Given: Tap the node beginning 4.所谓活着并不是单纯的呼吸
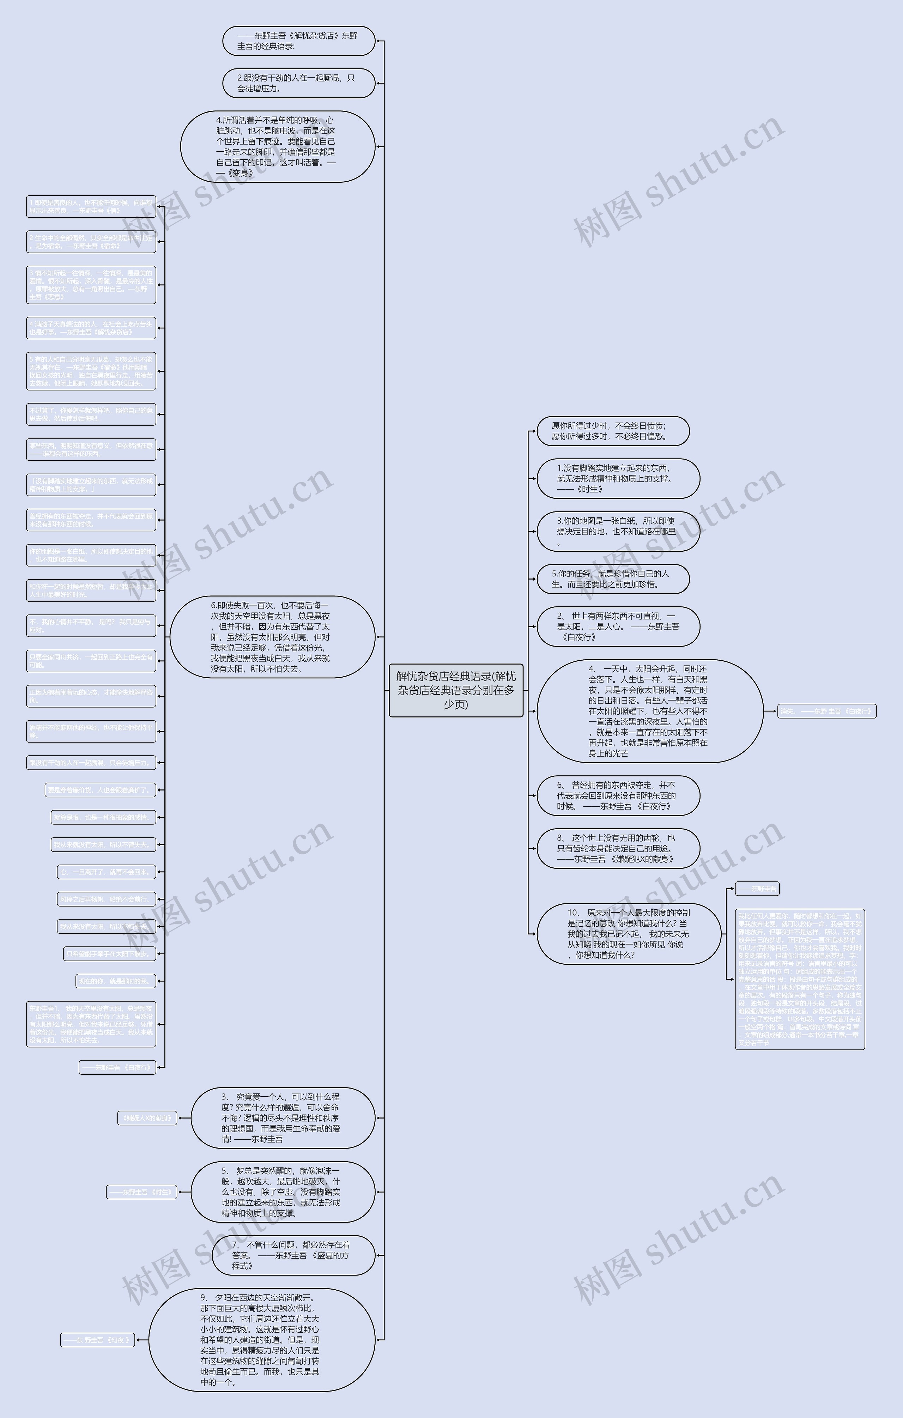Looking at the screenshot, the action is coord(278,147).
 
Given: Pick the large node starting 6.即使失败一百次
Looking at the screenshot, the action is coord(272,637).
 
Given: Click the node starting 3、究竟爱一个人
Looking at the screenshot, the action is coord(283,1118).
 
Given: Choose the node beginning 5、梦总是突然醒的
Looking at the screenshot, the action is coord(283,1192).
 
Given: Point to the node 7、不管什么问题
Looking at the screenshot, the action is coord(293,1255).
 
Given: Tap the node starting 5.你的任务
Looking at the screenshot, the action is coord(613,579).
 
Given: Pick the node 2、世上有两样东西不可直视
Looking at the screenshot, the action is coord(618,626).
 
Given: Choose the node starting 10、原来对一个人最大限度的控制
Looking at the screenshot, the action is coord(629,934).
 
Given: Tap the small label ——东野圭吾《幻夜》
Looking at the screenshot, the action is coord(98,1340).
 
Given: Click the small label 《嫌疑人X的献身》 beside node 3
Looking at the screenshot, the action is coord(147,1118).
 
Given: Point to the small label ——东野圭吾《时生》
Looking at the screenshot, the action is coord(141,1192).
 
